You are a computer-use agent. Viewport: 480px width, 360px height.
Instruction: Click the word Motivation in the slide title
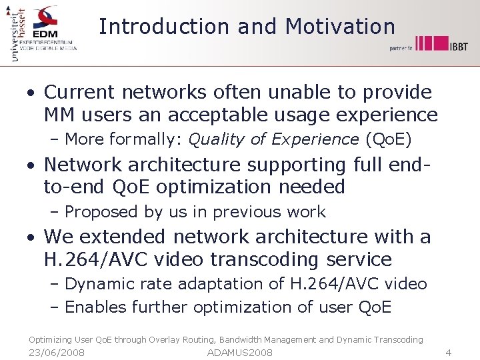pyautogui.click(x=340, y=27)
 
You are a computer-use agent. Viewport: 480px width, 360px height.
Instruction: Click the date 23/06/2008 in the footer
pyautogui.click(x=57, y=352)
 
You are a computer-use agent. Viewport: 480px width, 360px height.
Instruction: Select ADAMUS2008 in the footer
pyautogui.click(x=240, y=352)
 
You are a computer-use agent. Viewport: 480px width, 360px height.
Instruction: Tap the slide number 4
pyautogui.click(x=449, y=352)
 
